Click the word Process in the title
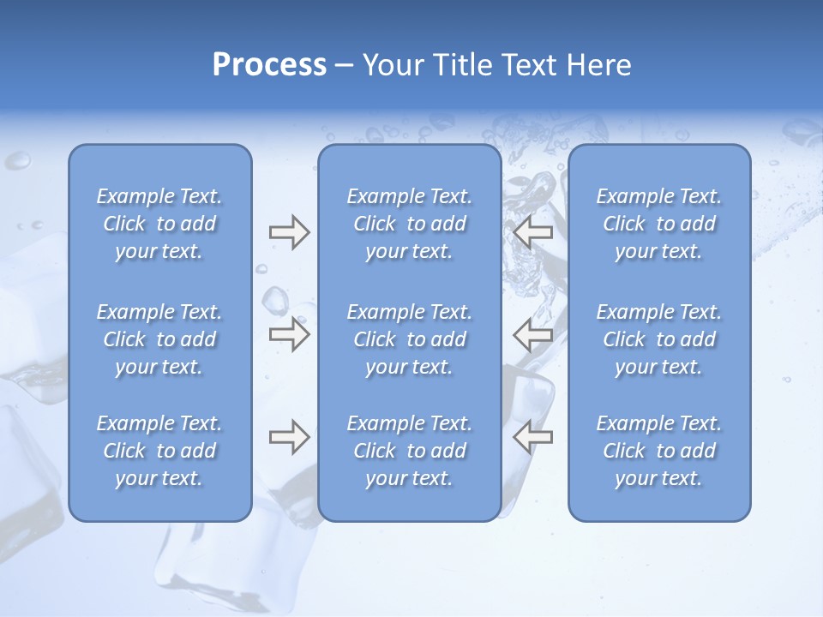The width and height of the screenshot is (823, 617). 269,65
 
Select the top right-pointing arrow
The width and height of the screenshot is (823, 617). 289,233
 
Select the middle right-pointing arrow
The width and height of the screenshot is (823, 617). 289,335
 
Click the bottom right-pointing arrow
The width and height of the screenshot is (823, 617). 289,437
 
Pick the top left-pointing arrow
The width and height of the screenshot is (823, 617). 533,233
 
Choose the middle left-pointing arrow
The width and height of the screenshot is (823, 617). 533,335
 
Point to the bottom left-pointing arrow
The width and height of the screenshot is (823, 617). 533,437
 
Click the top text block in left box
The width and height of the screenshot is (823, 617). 159,224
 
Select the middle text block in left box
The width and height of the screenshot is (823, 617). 159,339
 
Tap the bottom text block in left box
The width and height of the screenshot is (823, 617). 159,451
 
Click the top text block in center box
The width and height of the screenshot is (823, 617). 410,224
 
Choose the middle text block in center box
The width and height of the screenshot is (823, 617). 410,339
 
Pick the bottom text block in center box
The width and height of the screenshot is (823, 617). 410,451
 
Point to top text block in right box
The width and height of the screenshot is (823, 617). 659,224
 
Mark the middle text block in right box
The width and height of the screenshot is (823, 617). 659,339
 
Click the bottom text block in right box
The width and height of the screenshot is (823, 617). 659,451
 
